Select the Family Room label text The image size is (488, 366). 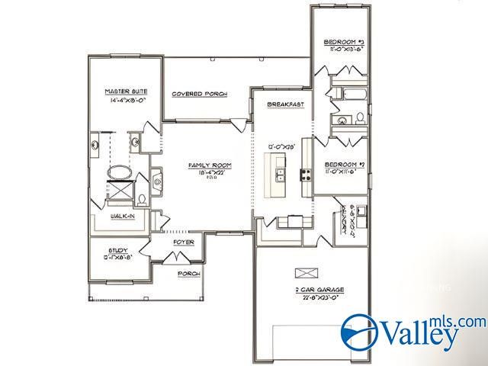[210, 165]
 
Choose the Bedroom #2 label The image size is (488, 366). [345, 165]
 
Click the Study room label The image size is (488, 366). [118, 250]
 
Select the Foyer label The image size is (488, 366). [183, 242]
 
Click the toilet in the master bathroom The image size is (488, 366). [143, 200]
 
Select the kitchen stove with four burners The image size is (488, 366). [306, 175]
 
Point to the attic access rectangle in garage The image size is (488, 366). [304, 272]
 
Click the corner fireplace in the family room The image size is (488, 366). [157, 181]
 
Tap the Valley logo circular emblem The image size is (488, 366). [360, 332]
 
